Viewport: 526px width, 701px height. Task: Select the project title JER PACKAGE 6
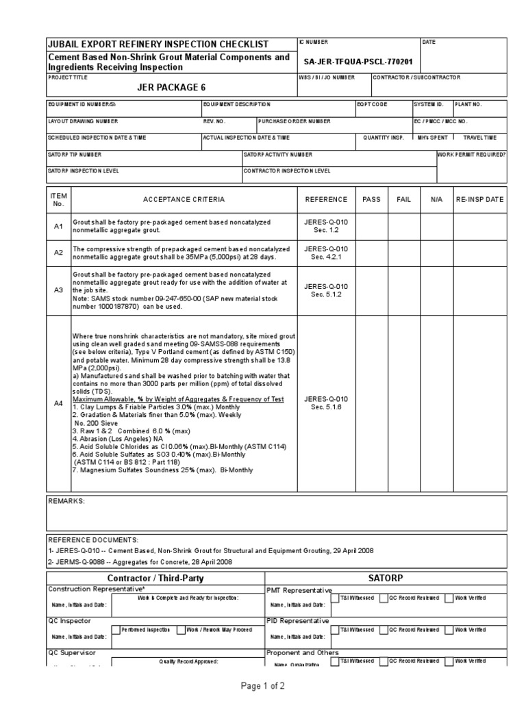tap(171, 87)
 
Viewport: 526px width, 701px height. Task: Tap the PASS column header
tap(371, 199)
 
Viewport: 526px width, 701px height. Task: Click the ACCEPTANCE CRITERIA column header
tap(183, 199)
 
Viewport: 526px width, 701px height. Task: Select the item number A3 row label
tap(58, 290)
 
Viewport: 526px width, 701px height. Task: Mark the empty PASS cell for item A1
tap(371, 226)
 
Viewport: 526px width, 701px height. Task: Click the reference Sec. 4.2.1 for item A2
tap(326, 257)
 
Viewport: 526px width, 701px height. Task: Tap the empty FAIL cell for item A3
tap(403, 290)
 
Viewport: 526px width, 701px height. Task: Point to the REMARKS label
tap(66, 501)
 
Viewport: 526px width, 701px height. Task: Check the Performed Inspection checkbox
tap(115, 630)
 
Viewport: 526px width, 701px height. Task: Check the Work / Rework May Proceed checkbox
tap(181, 630)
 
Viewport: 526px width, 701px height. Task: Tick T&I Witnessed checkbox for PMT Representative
tap(335, 598)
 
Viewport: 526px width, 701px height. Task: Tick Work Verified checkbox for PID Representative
tap(449, 629)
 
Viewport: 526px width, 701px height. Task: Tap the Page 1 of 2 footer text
tap(263, 685)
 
